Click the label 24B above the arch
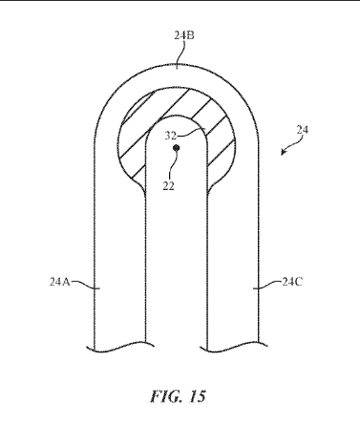[x=184, y=35]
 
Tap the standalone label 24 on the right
[x=303, y=130]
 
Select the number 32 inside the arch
[x=170, y=136]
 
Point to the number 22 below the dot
[x=169, y=186]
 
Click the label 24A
[x=59, y=282]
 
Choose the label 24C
[x=292, y=282]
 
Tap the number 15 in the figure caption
[x=198, y=396]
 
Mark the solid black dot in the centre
[x=176, y=148]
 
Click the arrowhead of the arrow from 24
[x=283, y=153]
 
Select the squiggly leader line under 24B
[x=180, y=54]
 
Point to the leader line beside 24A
[x=82, y=284]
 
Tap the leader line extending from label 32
[x=190, y=133]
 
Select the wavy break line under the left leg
[x=120, y=347]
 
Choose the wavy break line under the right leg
[x=233, y=347]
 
